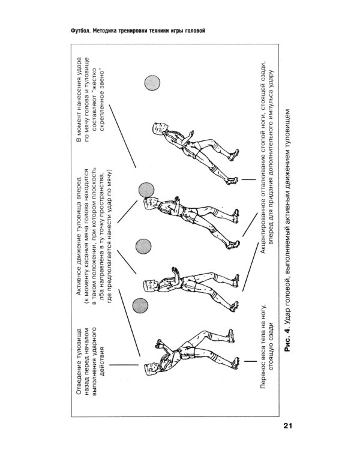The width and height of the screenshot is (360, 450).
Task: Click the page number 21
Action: (287, 427)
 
